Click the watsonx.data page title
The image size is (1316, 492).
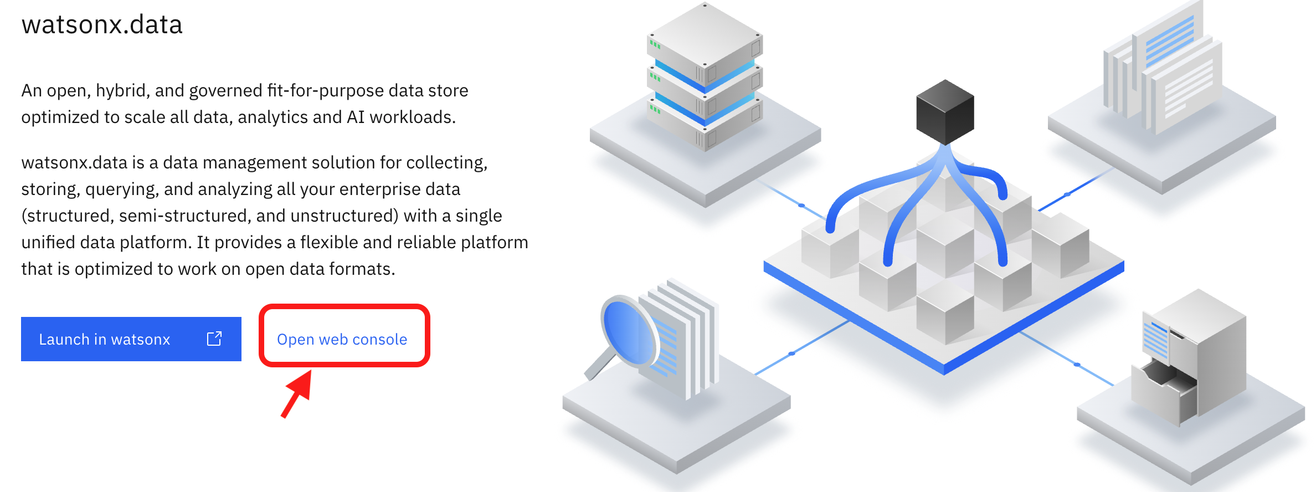[x=102, y=25]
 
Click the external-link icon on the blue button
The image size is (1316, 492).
[x=214, y=339]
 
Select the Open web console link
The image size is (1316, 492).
[x=342, y=339]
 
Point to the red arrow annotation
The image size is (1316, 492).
[x=297, y=393]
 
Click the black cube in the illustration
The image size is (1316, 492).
[x=945, y=112]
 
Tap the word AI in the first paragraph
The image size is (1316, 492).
[x=356, y=117]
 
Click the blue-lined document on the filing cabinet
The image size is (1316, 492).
[x=1155, y=339]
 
